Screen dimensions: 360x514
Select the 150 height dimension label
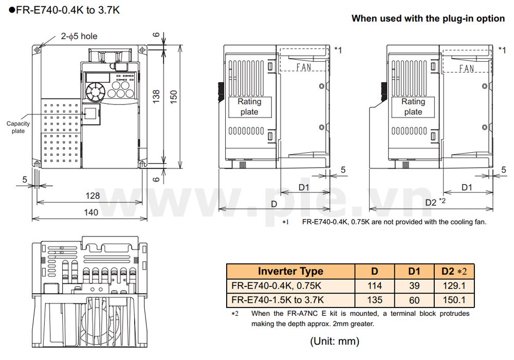pos(174,96)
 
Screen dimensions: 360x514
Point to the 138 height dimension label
pos(157,96)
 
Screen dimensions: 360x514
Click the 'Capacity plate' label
pos(18,127)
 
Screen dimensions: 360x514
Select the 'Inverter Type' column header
pos(290,272)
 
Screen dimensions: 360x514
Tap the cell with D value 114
pos(375,286)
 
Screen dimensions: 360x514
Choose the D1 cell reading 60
pos(414,300)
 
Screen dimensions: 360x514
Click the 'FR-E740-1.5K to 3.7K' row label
pos(278,300)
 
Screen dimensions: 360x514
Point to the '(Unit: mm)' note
pos(334,341)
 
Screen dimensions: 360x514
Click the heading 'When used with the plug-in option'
pos(428,19)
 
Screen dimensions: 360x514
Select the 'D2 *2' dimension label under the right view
pos(435,203)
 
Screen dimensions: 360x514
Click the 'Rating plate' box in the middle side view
pos(249,107)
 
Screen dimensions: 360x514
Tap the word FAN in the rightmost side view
pos(467,68)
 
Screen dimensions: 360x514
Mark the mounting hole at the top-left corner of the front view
pos(38,50)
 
